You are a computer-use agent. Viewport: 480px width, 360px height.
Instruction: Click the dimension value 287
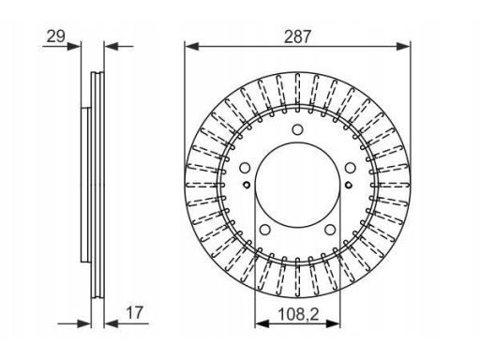pos(297,37)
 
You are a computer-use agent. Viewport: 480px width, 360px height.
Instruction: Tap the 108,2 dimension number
pos(298,314)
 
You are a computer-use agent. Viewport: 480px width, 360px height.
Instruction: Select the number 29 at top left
pos(56,37)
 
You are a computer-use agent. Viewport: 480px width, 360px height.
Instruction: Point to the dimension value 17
pos(134,312)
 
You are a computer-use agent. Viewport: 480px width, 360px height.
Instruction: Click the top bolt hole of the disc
pos(297,129)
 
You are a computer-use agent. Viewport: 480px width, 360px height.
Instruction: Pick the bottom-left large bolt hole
pos(265,230)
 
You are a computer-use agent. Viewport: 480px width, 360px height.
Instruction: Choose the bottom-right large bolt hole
pos(330,230)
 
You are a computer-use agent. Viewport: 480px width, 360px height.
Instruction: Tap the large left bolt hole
pos(245,168)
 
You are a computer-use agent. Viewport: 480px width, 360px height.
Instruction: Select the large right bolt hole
pos(351,168)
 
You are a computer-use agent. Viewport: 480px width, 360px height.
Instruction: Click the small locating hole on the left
pos(247,185)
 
